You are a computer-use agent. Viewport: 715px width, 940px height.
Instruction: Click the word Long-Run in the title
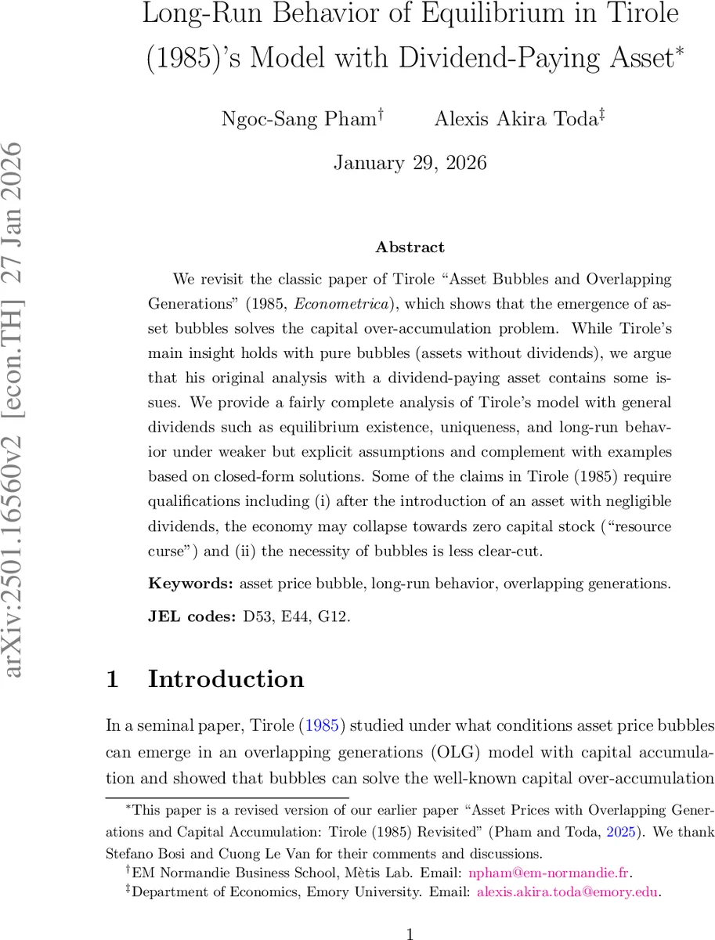193,15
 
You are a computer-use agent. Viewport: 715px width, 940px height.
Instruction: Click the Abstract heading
410,248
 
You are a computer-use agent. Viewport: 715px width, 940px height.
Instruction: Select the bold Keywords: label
190,583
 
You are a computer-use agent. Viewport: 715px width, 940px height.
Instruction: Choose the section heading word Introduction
226,679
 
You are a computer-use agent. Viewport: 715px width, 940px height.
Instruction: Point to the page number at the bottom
410,932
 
